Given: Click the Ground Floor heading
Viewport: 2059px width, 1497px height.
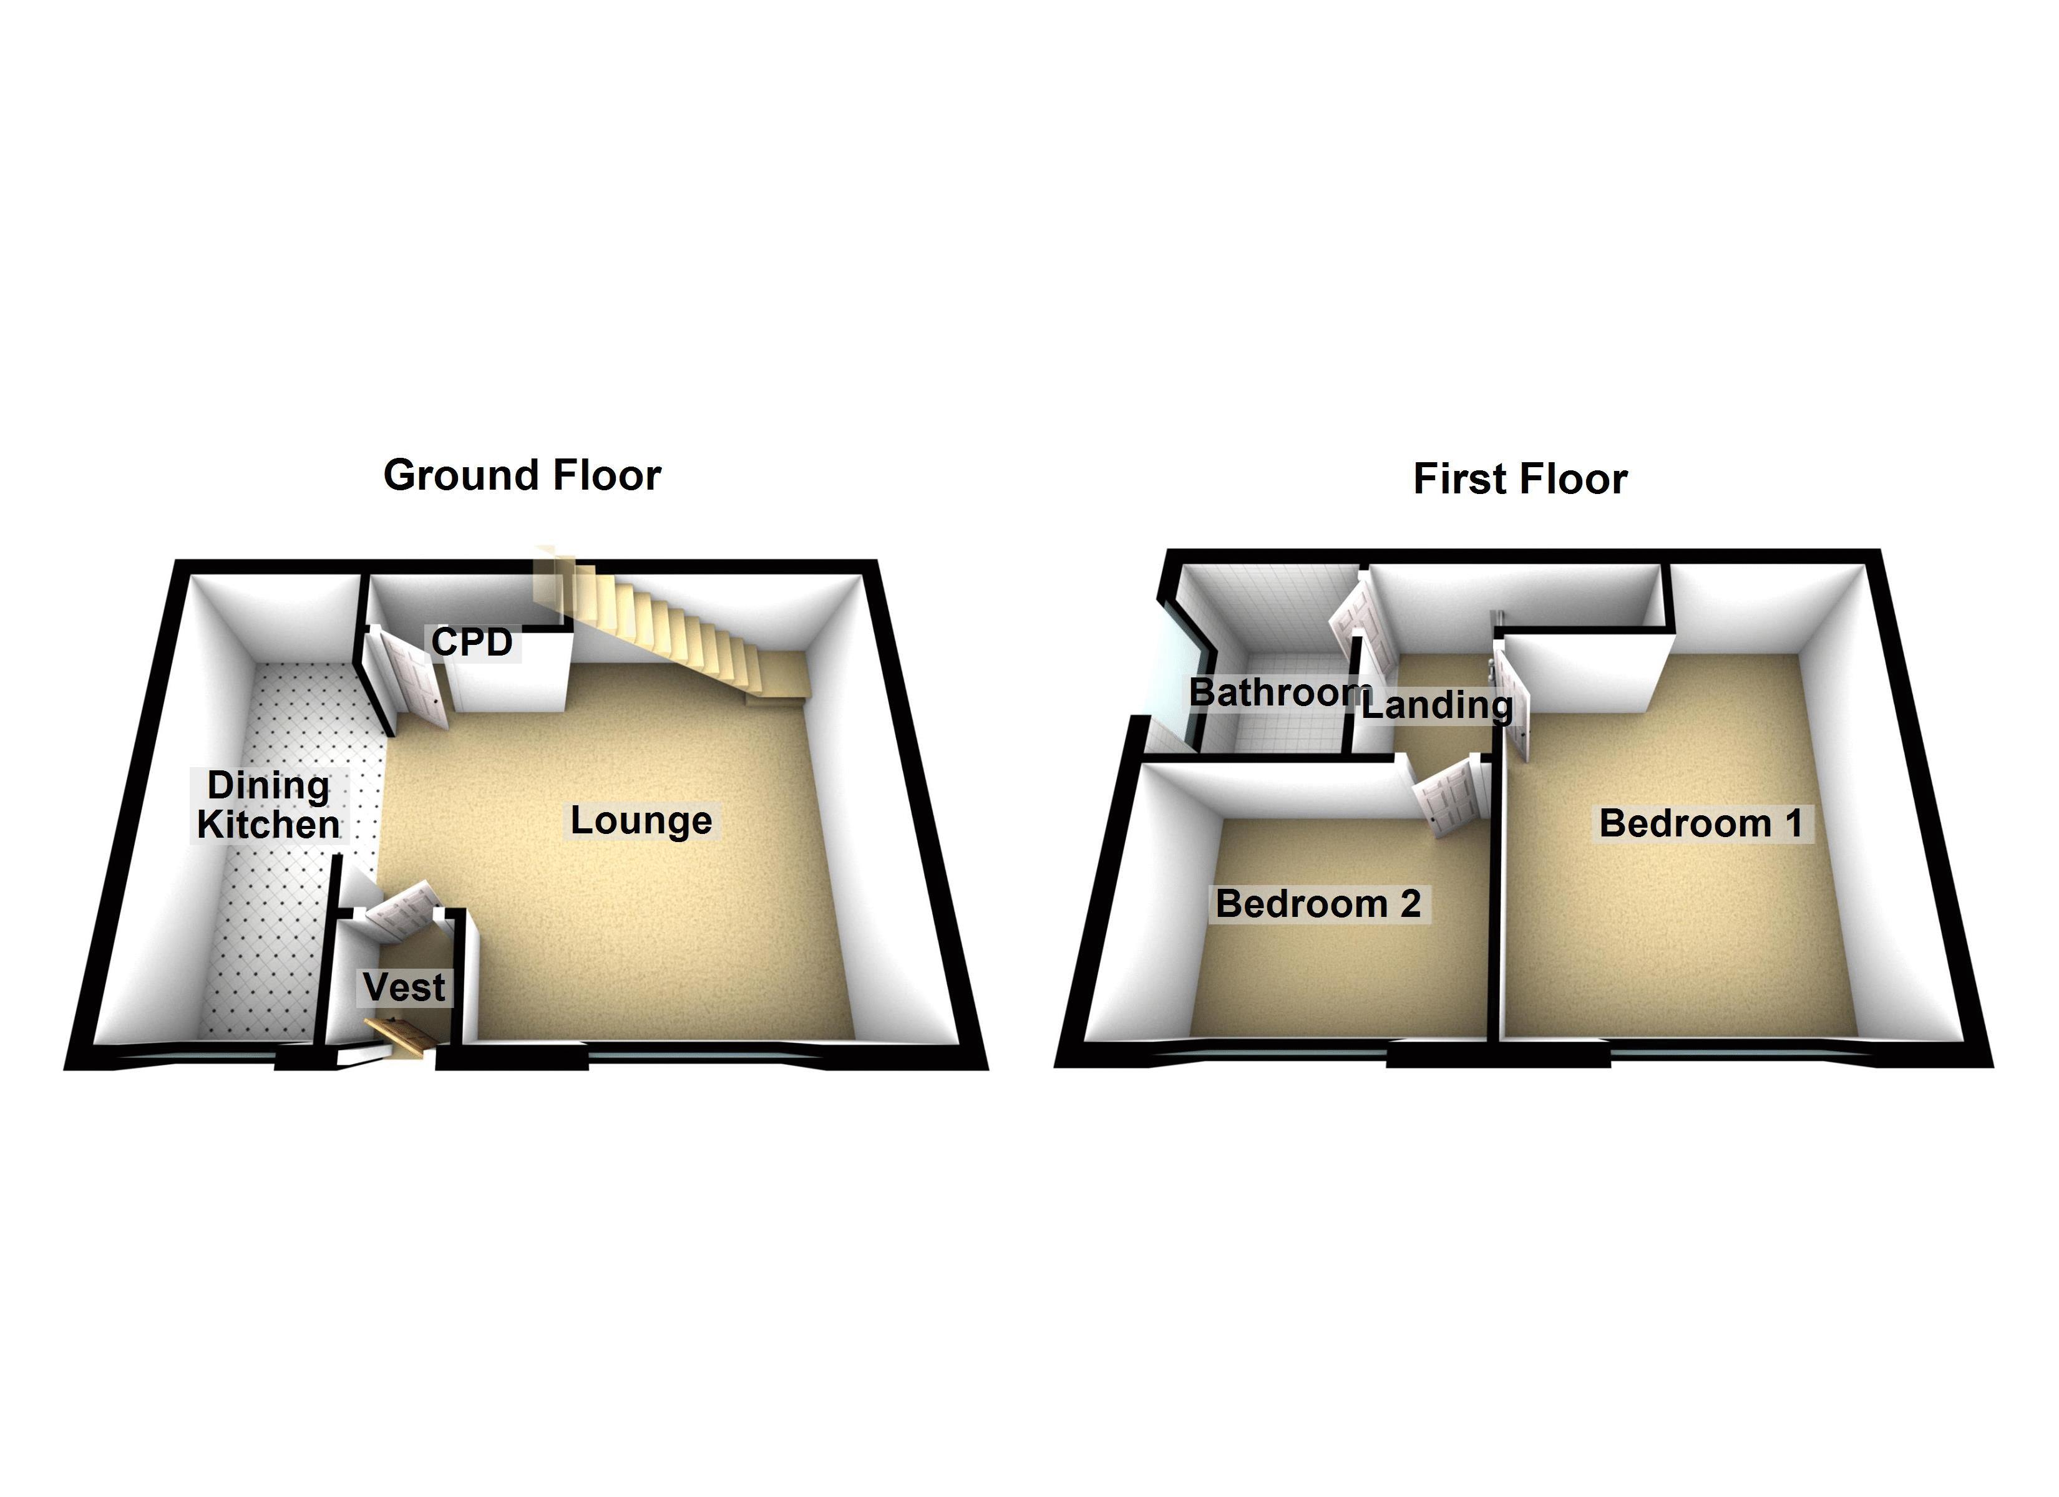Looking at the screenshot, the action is coord(522,476).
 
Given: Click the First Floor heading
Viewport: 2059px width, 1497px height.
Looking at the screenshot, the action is coord(1520,479).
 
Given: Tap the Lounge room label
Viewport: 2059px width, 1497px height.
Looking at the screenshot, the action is coord(641,821).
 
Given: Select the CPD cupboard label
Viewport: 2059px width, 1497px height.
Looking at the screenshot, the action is coord(472,642).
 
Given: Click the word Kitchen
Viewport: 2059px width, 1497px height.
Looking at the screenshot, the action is coord(269,825).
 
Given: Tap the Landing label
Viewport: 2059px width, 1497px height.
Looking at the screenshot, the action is coord(1436,705).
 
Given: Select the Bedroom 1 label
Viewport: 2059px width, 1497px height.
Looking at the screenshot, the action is coord(1700,823).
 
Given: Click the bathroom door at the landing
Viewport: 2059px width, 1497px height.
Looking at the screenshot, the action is coord(1362,626).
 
